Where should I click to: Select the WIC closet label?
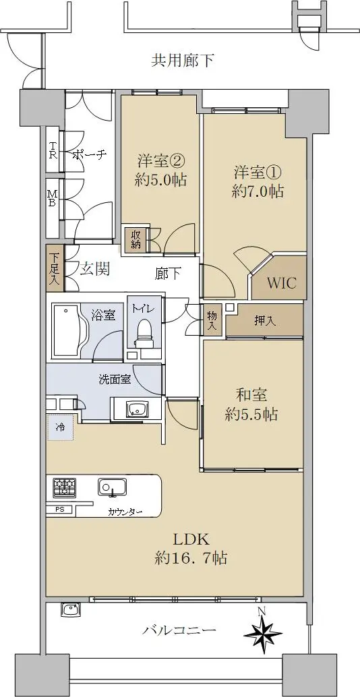pos(282,283)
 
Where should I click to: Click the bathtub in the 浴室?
pos(67,331)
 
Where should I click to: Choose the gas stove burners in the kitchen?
pos(65,487)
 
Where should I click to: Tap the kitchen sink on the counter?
pos(112,487)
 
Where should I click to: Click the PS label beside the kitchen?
pos(60,510)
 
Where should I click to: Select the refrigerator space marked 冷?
pos(60,427)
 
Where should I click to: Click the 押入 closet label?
pos(265,320)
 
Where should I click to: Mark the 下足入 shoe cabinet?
pos(55,268)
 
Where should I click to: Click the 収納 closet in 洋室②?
pos(136,240)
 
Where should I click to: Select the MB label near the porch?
pos(53,198)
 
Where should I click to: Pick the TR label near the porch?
pos(53,150)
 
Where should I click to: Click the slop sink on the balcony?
pos(71,609)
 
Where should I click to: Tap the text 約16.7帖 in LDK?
pos(191,557)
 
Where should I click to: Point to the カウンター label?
pos(125,512)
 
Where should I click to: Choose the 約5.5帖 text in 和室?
pos(251,415)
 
